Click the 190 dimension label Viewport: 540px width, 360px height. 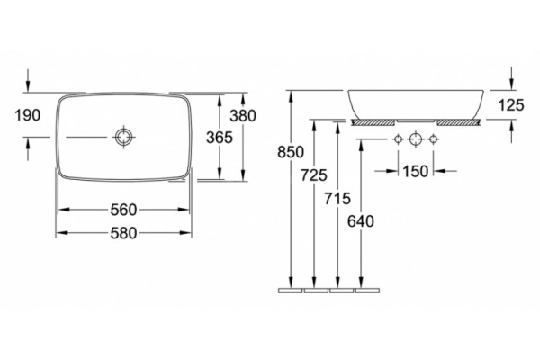coord(28,115)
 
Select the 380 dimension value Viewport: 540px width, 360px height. coord(243,116)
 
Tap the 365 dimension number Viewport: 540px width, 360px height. coord(220,138)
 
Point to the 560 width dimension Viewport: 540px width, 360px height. coord(123,210)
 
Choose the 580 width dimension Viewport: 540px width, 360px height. coord(123,233)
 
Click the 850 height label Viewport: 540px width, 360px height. coord(291,152)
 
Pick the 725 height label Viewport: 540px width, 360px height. coord(314,175)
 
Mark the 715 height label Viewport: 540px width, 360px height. coord(337,198)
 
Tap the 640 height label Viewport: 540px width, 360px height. coord(361,221)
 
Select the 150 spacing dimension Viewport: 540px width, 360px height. coord(416,171)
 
